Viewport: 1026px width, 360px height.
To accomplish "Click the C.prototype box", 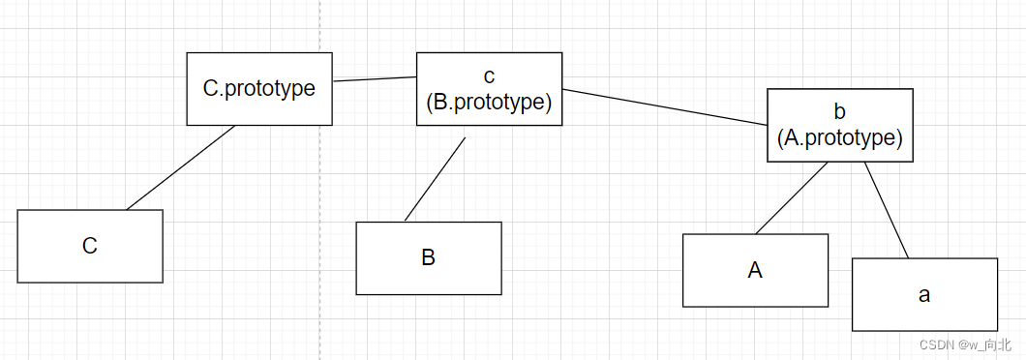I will coord(258,88).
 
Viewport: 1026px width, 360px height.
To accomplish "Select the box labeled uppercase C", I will coord(90,246).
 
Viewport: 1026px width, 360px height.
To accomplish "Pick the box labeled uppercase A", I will coord(755,270).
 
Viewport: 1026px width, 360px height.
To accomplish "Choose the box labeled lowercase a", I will coord(924,294).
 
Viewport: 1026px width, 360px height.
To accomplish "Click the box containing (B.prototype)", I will coord(489,89).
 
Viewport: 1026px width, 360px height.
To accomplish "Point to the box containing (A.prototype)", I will coord(839,125).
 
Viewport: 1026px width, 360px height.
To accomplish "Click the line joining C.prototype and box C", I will coord(181,167).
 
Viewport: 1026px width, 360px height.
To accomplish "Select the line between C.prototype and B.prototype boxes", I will coord(375,78).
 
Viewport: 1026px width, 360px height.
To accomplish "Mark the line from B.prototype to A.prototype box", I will coord(665,107).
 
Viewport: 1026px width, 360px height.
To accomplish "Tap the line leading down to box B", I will coord(435,179).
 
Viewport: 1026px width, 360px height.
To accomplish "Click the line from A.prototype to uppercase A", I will coord(791,198).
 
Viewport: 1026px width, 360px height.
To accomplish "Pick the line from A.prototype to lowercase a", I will coord(887,210).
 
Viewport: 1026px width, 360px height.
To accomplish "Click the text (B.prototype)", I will coord(489,102).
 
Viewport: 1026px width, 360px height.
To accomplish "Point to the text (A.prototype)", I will coord(839,137).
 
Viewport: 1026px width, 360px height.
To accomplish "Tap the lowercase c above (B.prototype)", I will coord(488,75).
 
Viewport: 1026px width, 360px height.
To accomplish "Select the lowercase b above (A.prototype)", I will coord(839,111).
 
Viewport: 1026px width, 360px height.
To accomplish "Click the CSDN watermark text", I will coord(964,345).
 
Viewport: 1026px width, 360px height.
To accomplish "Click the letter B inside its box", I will coord(429,258).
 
